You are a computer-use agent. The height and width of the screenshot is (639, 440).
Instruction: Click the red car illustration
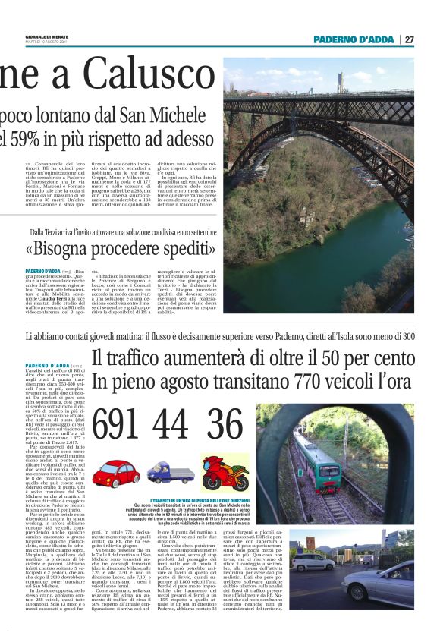(116, 474)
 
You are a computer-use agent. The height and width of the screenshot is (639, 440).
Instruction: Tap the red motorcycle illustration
(225, 473)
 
